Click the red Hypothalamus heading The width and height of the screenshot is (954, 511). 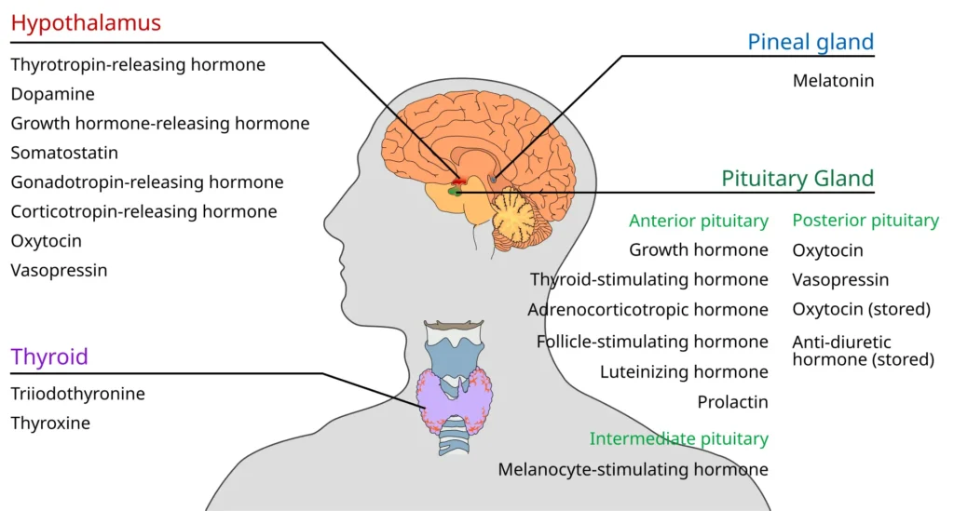[x=86, y=23]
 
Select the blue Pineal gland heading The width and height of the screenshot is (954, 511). [x=811, y=42]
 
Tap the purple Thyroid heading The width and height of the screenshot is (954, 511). [x=49, y=356]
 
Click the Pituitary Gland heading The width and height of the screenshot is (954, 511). [x=797, y=179]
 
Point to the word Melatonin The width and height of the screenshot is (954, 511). [x=833, y=81]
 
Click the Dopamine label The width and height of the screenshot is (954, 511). [x=53, y=94]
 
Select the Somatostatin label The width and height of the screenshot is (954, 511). [x=64, y=153]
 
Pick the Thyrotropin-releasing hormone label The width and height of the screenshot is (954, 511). [x=138, y=65]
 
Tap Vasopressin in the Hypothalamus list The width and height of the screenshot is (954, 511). [x=59, y=270]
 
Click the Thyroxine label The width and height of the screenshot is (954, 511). [x=50, y=423]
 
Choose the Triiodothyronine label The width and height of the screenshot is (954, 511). [x=78, y=394]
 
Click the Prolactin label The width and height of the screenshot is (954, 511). [x=732, y=402]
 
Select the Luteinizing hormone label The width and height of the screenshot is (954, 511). [x=684, y=372]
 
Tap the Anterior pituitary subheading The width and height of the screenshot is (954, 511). [x=699, y=221]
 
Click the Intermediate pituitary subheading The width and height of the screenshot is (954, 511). [x=679, y=438]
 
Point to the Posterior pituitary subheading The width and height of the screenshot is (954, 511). [x=865, y=221]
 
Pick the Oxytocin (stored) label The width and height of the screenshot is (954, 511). [x=862, y=309]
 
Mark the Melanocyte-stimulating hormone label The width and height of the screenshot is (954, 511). [x=633, y=470]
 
